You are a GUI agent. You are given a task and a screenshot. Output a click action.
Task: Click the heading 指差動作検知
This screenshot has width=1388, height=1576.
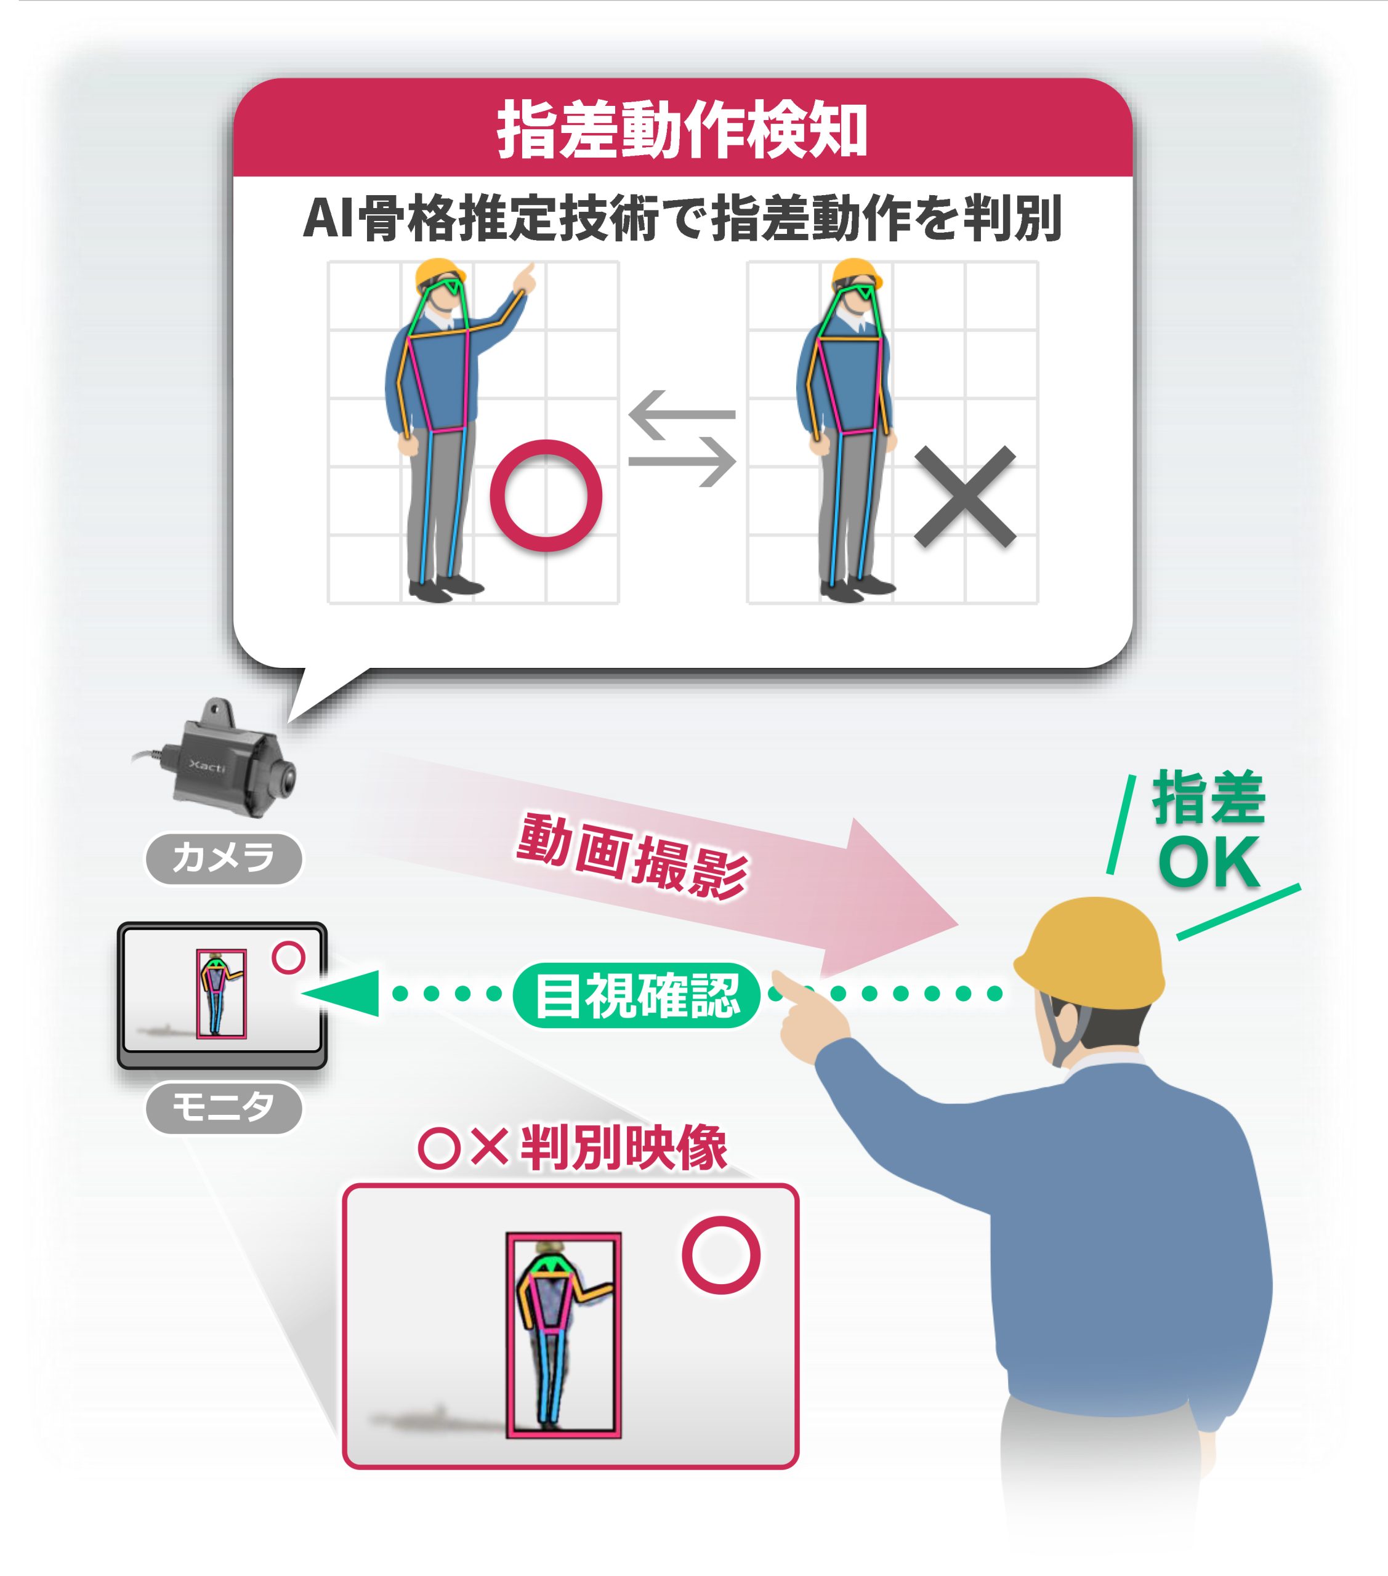click(682, 129)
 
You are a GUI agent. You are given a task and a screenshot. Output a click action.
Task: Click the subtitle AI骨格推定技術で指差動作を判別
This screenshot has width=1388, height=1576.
click(682, 218)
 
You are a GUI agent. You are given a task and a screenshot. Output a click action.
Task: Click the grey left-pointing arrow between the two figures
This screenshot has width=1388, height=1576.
click(682, 415)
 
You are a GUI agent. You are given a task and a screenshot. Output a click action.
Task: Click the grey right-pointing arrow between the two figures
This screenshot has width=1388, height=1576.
click(682, 462)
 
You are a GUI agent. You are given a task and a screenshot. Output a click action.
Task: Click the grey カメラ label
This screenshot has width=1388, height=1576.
click(224, 858)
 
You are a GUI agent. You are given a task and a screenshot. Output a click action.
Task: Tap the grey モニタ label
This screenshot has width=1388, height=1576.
click(224, 1108)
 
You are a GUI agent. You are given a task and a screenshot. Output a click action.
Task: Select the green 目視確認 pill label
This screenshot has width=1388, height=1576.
click(637, 995)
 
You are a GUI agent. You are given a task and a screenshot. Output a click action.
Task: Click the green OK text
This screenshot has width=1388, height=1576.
click(1209, 861)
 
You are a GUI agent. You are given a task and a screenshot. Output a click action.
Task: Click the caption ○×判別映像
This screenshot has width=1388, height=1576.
click(573, 1148)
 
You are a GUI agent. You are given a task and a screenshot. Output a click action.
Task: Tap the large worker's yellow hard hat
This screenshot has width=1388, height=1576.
click(1089, 953)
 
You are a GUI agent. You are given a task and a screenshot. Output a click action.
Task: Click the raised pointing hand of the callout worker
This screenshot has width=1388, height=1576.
click(525, 278)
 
